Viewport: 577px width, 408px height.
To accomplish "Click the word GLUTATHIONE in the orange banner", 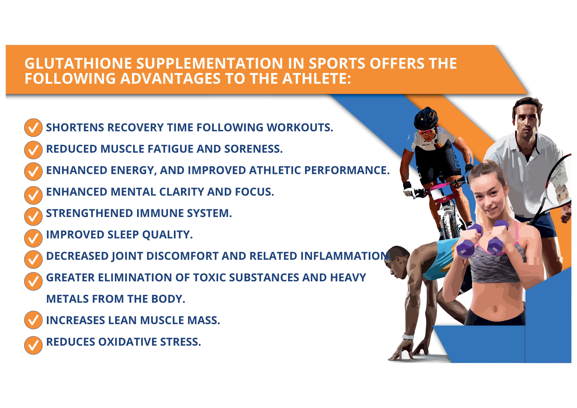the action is click(78, 63).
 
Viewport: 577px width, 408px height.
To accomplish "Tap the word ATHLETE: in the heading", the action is click(317, 79).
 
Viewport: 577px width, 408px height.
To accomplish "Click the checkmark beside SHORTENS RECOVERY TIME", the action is click(33, 128).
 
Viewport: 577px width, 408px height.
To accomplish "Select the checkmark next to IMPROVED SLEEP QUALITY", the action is click(33, 238).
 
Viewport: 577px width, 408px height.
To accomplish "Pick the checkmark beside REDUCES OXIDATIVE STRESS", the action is click(33, 345).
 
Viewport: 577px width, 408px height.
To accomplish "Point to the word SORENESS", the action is click(253, 149).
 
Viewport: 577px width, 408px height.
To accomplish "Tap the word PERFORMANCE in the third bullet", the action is click(347, 170).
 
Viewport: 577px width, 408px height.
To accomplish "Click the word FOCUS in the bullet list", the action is click(254, 192).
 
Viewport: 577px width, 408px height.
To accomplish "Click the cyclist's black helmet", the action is click(426, 118).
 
